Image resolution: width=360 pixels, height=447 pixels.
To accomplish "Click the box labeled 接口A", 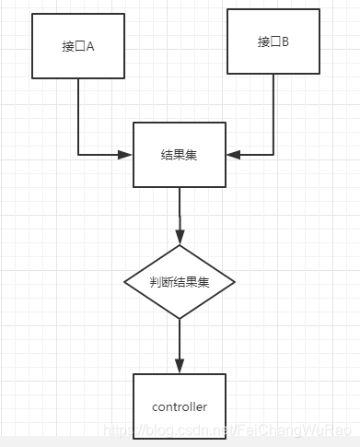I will point(77,46).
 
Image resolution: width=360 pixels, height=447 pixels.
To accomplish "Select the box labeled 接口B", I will point(273,41).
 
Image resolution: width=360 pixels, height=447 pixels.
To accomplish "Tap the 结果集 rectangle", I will point(179,154).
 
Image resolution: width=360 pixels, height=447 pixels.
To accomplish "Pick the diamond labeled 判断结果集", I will point(180,282).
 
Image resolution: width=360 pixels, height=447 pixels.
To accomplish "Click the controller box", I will point(179,405).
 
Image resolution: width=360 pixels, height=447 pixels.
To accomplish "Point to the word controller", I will point(179,406).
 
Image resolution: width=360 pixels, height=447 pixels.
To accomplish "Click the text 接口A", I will point(77,46).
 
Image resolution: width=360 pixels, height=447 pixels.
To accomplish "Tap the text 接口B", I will point(273,41).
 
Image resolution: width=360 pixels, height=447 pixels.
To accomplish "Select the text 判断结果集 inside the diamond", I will point(180,282).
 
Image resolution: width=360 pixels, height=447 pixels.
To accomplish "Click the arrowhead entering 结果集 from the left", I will point(127,154).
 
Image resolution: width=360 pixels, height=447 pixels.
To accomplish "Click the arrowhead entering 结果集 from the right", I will point(232,154).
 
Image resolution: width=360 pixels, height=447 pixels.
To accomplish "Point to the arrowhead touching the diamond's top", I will point(180,239).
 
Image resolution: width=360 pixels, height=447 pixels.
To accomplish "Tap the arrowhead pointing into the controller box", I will point(180,367).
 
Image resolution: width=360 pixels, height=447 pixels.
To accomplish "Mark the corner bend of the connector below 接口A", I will point(78,154).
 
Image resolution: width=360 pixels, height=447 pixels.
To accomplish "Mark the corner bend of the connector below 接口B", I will point(273,154).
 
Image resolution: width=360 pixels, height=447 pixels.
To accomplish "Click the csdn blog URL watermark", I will point(229,430).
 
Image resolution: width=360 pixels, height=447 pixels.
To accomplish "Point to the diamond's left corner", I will point(126,282).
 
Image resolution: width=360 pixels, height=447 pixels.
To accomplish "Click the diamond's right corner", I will point(234,282).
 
